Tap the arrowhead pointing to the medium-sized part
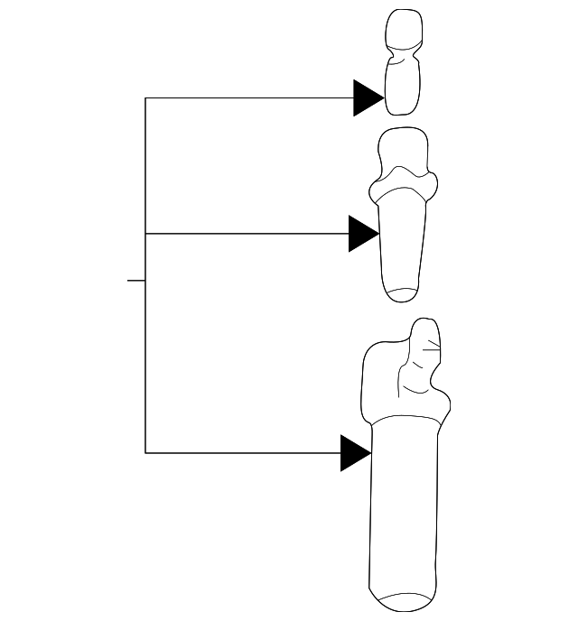(363, 234)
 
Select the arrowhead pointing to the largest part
(355, 452)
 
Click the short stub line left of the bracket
(135, 281)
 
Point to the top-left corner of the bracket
(145, 97)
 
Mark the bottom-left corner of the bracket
(145, 452)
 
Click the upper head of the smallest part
(403, 31)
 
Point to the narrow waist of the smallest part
(403, 58)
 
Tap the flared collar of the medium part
(403, 188)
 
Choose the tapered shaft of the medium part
(403, 244)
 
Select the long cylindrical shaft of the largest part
(405, 505)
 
